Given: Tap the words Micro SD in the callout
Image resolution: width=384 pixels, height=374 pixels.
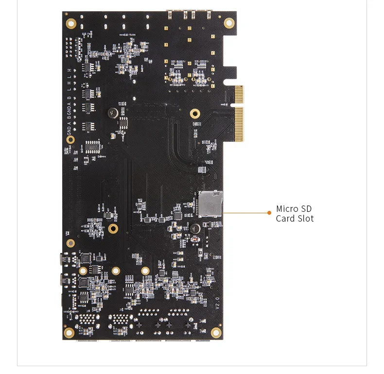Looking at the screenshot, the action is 294,209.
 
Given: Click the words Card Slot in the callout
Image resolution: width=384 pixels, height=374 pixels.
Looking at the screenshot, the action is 295,219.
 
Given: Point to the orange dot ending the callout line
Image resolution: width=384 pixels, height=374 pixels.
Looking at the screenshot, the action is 269,212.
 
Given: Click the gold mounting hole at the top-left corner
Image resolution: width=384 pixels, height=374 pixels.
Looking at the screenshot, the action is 71,23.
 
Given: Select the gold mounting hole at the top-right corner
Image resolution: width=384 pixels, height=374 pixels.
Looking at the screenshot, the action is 228,23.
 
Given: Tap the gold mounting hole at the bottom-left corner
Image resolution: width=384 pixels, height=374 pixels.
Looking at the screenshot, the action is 70,333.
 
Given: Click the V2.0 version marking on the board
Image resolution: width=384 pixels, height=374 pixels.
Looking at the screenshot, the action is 217,304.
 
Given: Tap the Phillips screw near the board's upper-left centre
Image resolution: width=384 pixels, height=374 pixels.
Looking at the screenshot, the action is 113,113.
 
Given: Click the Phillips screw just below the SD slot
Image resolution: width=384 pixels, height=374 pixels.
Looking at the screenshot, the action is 195,228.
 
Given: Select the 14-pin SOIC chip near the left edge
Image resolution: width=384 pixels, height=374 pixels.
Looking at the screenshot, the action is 92,146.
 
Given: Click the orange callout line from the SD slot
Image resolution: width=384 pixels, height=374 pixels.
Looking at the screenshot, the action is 245,212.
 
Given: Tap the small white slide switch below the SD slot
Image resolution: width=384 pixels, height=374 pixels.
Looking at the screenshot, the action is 201,253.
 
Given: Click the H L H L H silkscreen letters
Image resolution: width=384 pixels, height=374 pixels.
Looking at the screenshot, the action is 69,80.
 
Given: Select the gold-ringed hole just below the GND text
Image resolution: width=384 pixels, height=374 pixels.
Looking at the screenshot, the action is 70,140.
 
